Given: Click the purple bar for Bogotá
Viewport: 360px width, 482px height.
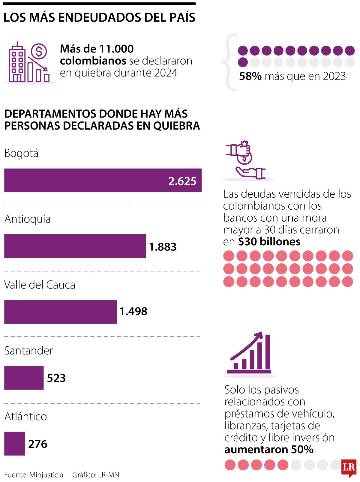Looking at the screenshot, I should point(90,180).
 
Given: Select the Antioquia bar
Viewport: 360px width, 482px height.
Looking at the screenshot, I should point(75,246).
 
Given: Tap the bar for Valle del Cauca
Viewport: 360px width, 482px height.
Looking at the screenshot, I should point(60,312).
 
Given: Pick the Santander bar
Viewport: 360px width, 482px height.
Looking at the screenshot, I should point(24,378).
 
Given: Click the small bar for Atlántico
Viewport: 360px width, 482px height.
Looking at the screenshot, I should point(14,444).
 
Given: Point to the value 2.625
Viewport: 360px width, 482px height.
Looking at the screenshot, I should point(182,181).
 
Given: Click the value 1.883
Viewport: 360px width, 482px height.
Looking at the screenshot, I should point(163,247).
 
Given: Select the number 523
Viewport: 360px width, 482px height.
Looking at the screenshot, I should point(56,378).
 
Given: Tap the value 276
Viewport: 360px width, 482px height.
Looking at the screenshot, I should point(37,444).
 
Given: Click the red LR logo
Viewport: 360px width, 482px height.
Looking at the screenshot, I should point(349,468).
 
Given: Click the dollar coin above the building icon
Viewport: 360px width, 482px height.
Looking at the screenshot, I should point(39,51).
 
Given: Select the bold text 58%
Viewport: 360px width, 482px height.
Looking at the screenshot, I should point(250,76).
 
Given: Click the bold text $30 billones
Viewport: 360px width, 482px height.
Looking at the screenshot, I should point(269,241).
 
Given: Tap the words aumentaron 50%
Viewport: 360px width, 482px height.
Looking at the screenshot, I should point(269,449).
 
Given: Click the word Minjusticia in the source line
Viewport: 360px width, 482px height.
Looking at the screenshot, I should point(46,475).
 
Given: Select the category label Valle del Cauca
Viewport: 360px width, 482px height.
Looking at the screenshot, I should point(40,285).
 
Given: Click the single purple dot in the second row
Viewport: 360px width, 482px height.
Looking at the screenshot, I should point(243,62).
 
